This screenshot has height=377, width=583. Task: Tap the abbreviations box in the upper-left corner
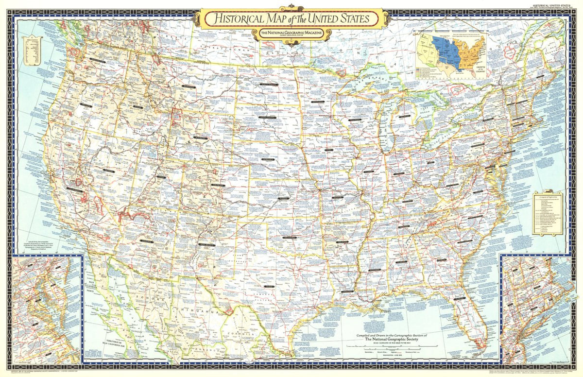tap(32, 51)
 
